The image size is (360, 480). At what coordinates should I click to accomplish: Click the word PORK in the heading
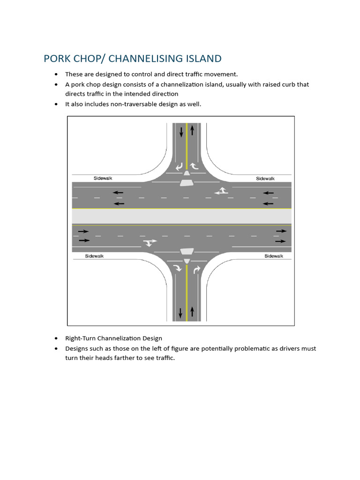coord(57,59)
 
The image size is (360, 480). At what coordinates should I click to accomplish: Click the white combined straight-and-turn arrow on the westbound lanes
coord(221,190)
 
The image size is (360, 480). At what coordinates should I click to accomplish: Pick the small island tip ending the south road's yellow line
coord(187,261)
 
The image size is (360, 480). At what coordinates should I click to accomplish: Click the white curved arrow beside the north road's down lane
coord(179,166)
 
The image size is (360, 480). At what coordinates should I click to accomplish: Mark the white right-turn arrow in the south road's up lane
coord(196,269)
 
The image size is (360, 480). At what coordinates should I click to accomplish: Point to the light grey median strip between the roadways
coord(181,216)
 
